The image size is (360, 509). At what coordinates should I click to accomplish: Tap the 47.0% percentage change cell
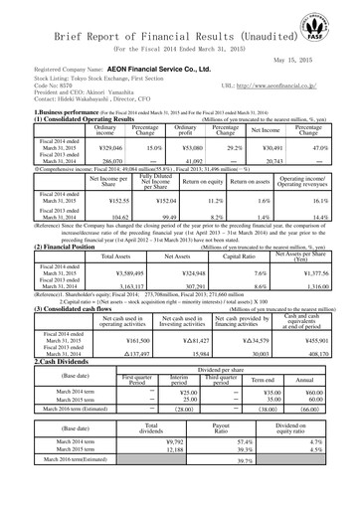(x=328, y=146)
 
